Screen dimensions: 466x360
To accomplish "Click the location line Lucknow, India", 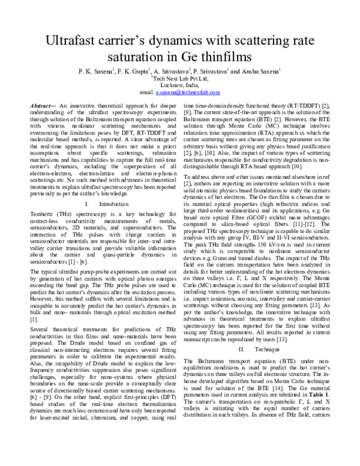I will tap(180, 86).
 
